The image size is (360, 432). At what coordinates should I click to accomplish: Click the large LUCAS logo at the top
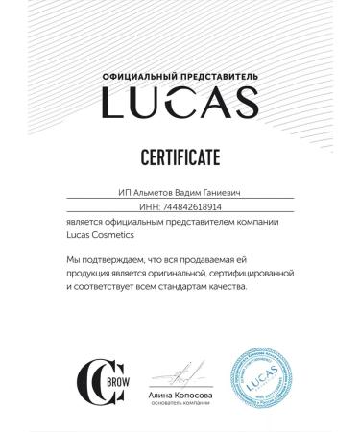click(180, 101)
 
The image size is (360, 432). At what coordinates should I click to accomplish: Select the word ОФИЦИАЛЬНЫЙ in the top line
click(141, 74)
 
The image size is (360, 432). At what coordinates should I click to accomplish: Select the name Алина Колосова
click(180, 395)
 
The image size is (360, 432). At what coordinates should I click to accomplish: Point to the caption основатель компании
click(180, 404)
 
